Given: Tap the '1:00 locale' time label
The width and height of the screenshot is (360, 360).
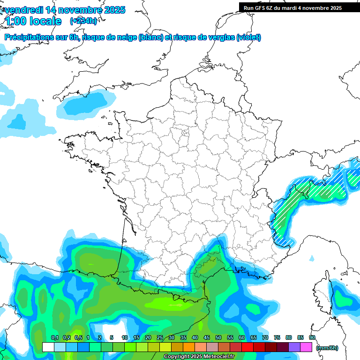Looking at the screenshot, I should (33, 21).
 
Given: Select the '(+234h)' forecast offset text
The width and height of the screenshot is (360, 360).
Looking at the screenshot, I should (83, 21).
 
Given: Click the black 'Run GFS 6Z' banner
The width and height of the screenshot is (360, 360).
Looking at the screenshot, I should (299, 8).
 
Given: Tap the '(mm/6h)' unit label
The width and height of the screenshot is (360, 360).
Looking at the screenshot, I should (327, 347).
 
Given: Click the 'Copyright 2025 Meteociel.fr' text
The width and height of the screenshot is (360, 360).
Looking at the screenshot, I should (199, 357).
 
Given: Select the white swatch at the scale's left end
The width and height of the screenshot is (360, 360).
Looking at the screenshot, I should (48, 347).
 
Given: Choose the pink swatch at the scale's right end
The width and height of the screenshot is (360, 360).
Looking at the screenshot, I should (306, 347).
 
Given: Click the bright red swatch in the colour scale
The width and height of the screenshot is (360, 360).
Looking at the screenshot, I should (247, 347).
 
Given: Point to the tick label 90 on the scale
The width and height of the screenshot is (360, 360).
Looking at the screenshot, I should (312, 337).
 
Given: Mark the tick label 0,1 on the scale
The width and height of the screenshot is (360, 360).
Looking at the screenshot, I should (54, 337).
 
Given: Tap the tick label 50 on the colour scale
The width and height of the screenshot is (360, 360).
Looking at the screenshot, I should (218, 337).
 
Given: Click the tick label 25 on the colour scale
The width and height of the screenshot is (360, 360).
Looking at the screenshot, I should (160, 337).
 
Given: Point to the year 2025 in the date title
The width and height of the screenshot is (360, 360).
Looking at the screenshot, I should (115, 10).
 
